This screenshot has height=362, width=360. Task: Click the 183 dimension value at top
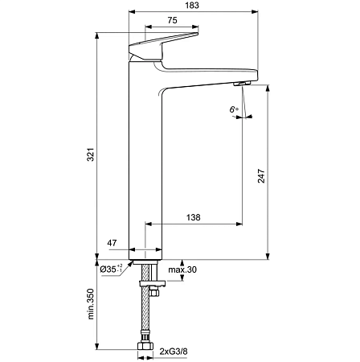click(x=190, y=6)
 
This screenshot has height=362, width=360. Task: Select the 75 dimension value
click(x=172, y=22)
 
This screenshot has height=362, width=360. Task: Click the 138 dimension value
click(x=194, y=218)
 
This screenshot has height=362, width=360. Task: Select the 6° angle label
click(x=234, y=109)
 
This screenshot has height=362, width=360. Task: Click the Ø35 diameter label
click(x=111, y=269)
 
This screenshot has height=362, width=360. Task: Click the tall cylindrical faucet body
click(x=145, y=161)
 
